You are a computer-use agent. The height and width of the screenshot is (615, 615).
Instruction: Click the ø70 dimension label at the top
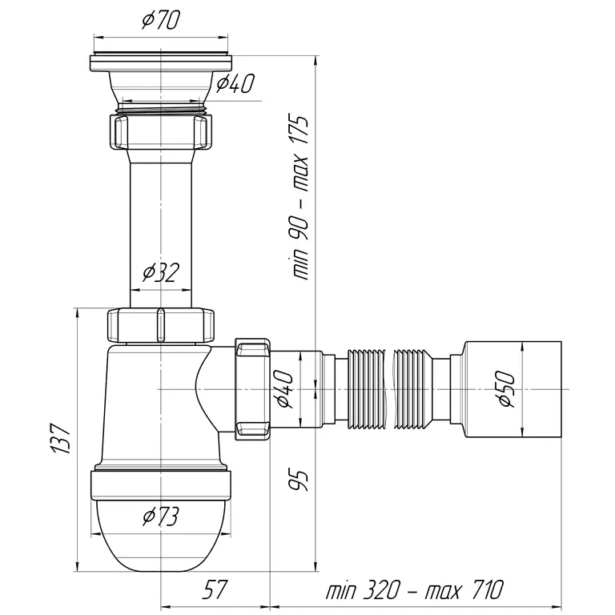coord(161,19)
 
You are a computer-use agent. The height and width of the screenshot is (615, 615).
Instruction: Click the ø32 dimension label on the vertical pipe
coord(160,273)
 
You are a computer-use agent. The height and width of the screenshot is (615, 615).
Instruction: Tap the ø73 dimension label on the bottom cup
coord(161,517)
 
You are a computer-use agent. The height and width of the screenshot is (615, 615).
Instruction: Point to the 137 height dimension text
coord(61,438)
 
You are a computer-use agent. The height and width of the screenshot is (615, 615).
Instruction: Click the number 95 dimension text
coord(299,480)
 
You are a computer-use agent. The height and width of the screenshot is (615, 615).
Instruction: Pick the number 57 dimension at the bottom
coord(215,589)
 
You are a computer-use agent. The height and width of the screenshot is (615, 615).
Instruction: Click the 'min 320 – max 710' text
coord(414,589)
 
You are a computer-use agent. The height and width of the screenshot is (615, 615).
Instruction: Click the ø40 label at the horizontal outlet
coord(283,389)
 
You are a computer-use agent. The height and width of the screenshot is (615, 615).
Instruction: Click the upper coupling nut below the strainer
coord(161,132)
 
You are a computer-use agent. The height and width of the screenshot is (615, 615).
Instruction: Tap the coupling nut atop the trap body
coord(161,326)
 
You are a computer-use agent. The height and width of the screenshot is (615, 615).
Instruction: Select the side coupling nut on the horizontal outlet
coord(252,389)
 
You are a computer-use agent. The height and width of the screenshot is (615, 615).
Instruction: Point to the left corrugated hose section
coord(367,389)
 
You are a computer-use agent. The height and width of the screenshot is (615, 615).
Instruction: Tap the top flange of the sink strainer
coord(161,62)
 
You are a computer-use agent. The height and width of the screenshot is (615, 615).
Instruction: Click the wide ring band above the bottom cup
coord(161,485)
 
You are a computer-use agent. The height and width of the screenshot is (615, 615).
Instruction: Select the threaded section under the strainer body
coord(161,108)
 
